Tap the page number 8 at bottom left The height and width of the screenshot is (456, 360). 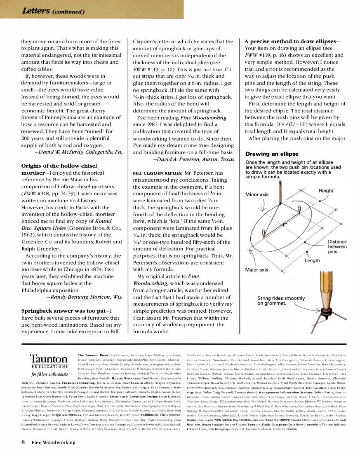[24, 442]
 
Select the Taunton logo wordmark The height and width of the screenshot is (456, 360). [48, 359]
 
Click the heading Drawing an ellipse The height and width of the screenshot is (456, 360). [272, 154]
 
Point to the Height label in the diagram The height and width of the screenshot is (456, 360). [326, 190]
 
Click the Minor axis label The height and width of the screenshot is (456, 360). [256, 194]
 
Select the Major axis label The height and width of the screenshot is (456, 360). [256, 270]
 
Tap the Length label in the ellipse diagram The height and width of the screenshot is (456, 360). [312, 261]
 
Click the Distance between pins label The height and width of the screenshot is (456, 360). [337, 246]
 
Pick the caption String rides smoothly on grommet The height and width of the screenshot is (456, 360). [281, 301]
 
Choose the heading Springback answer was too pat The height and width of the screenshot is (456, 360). [67, 311]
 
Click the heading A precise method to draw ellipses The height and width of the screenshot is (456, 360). [292, 42]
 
